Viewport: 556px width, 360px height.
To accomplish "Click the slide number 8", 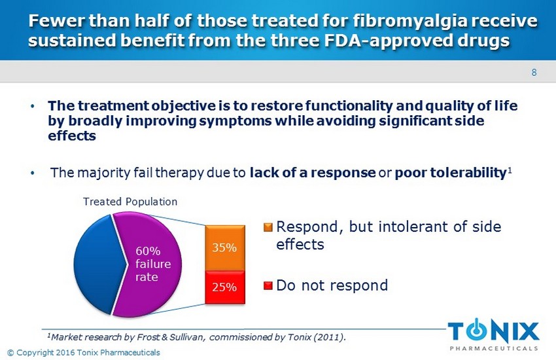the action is pos(534,73).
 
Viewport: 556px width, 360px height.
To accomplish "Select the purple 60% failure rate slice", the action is pos(149,264).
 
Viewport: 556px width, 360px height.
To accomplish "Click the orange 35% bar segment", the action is pos(225,248).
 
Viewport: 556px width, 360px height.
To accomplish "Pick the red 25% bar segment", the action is pos(225,287).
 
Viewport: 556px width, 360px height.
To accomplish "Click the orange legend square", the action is pos(268,227).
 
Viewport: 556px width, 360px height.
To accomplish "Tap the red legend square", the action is pos(268,285).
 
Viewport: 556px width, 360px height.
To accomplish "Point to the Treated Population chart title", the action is pos(130,202).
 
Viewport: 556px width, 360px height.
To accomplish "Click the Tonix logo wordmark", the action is pos(493,331).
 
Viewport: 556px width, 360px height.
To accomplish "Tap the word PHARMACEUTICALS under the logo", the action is pos(494,348).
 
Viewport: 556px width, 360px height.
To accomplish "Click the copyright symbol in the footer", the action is pos(10,353).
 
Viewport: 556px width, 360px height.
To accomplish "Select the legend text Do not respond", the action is pos(332,285).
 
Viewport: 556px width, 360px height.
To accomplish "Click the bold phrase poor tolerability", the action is pos(450,173).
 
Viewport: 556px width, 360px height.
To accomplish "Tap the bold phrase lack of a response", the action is pos(313,173).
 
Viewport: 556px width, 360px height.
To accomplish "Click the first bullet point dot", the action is pos(33,105).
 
